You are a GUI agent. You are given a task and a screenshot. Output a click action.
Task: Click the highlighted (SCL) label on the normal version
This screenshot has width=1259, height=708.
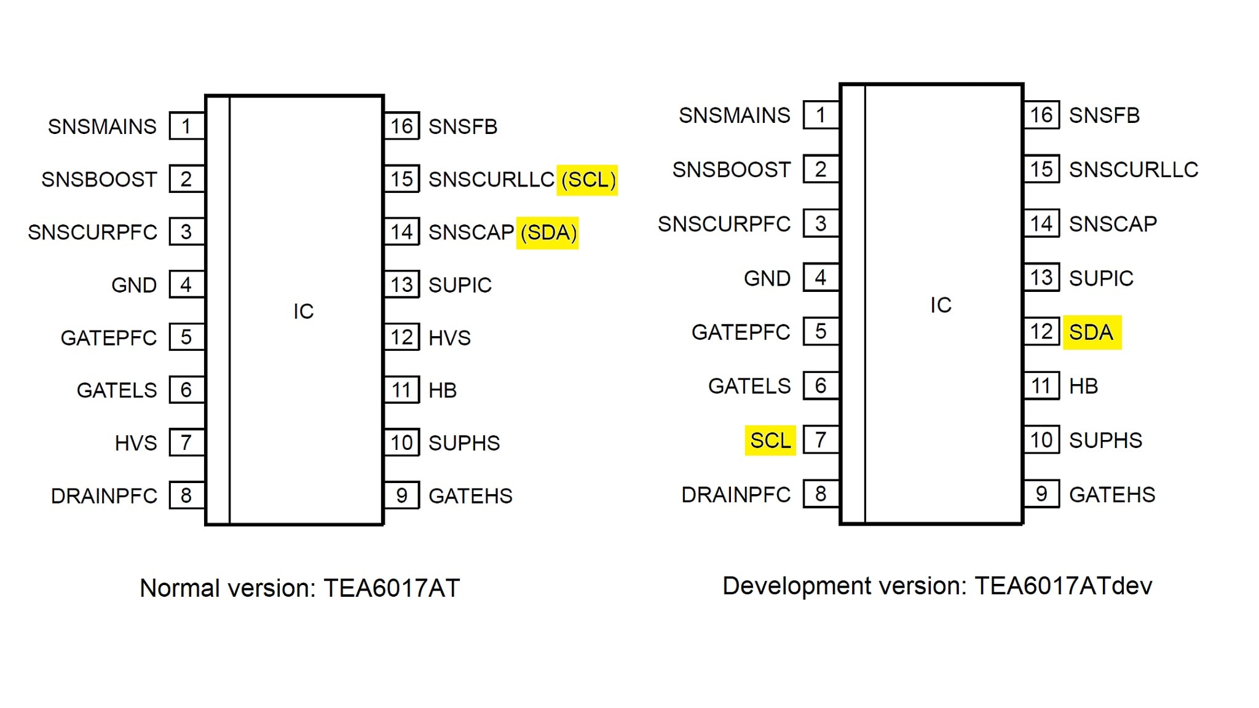tap(587, 179)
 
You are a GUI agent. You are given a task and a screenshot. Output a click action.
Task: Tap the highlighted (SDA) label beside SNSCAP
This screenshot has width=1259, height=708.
tap(548, 232)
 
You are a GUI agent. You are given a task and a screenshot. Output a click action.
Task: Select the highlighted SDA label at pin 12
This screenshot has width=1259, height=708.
tap(1091, 332)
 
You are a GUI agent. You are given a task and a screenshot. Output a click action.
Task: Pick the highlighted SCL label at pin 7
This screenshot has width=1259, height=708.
tap(770, 441)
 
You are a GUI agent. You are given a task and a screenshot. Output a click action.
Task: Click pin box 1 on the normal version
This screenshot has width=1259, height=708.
tap(186, 126)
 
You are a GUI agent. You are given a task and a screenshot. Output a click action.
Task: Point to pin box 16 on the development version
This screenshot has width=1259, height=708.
tap(1041, 115)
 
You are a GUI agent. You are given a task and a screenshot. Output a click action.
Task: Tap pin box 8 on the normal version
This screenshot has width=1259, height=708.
tap(186, 495)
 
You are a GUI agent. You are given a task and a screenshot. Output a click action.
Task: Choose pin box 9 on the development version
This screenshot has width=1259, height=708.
tap(1041, 494)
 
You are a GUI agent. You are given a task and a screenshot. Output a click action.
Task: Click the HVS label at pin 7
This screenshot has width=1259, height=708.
tap(136, 443)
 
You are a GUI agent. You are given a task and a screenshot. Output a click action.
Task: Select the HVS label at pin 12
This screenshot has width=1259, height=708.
tap(449, 338)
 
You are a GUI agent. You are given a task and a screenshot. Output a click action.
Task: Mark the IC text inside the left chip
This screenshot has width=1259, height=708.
tap(304, 312)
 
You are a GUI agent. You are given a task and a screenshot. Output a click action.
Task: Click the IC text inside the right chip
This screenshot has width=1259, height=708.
tap(941, 305)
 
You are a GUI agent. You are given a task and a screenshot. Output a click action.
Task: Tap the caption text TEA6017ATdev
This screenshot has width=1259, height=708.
tap(1063, 586)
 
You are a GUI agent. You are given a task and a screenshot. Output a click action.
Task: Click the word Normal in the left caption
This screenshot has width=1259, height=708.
tap(180, 588)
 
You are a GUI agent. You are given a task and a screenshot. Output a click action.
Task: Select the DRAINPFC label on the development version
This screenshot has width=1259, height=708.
tap(736, 495)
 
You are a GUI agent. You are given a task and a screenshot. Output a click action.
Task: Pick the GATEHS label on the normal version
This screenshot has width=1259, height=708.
tap(470, 496)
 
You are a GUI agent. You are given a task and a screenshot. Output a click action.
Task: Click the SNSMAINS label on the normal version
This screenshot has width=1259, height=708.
tap(102, 127)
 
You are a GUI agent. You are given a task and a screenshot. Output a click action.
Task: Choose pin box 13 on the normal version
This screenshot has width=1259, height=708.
tap(402, 285)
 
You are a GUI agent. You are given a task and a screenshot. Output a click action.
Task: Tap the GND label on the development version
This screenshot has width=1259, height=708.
tap(767, 278)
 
